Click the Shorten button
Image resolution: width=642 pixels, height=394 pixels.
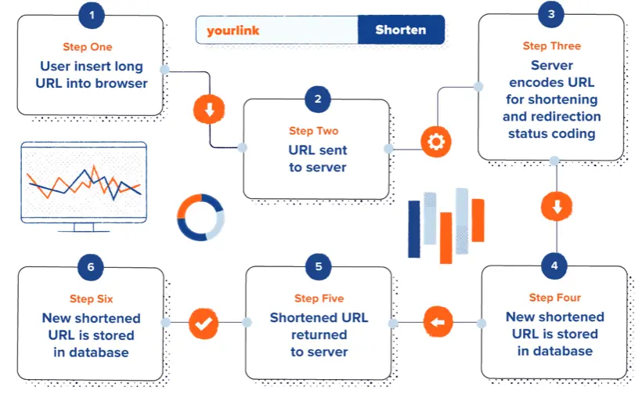click(400, 31)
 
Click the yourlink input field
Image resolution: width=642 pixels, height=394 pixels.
click(277, 31)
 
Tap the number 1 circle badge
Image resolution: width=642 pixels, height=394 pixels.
click(92, 15)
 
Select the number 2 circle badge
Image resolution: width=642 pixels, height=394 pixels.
click(317, 99)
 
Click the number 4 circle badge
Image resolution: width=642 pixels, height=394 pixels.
click(554, 266)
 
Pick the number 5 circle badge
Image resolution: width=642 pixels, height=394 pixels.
click(319, 266)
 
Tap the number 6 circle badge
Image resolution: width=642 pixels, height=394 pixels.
click(92, 266)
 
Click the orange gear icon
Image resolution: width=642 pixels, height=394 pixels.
click(435, 143)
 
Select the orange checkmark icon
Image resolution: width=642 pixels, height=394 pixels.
click(204, 322)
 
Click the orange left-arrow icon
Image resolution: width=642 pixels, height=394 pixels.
click(438, 322)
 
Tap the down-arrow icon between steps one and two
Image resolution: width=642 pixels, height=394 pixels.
click(209, 110)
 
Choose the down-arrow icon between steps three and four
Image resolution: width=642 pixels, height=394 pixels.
click(556, 208)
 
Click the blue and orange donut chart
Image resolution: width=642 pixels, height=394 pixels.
click(200, 217)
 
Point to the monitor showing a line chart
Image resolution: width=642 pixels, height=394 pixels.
click(84, 185)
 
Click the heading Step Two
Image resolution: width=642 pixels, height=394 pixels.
click(313, 132)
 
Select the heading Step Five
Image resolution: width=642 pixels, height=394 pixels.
click(319, 298)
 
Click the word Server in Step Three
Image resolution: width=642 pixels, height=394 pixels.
click(551, 65)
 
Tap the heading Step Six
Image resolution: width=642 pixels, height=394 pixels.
click(91, 298)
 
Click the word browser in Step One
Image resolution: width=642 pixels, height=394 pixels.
click(121, 83)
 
